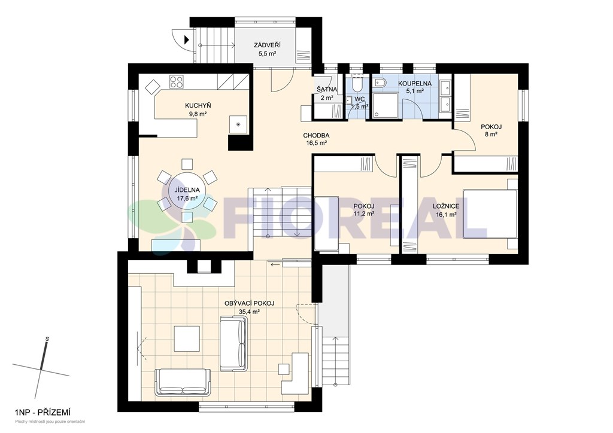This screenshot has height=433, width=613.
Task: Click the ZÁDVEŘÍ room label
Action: click(x=267, y=45)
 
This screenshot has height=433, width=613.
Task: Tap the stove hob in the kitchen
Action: click(x=177, y=81)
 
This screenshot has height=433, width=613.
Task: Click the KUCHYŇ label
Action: click(x=198, y=106)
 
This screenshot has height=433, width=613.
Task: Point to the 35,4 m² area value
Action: click(x=250, y=312)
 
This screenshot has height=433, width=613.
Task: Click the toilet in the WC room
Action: click(x=356, y=84)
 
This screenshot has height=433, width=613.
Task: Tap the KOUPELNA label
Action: click(x=415, y=84)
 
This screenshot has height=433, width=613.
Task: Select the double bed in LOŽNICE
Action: click(x=490, y=213)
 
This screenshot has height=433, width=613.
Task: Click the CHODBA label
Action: click(x=316, y=136)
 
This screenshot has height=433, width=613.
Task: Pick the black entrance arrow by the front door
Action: click(x=187, y=39)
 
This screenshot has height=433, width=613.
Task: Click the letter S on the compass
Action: click(x=47, y=339)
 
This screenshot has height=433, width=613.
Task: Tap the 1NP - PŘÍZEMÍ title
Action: click(x=43, y=412)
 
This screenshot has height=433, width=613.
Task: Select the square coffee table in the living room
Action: click(x=188, y=339)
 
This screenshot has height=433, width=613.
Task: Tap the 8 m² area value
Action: click(x=491, y=135)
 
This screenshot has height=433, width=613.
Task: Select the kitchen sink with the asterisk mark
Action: click(x=238, y=124)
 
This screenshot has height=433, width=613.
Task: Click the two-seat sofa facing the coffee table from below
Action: click(x=183, y=381)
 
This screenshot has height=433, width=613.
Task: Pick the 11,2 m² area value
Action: click(x=363, y=214)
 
